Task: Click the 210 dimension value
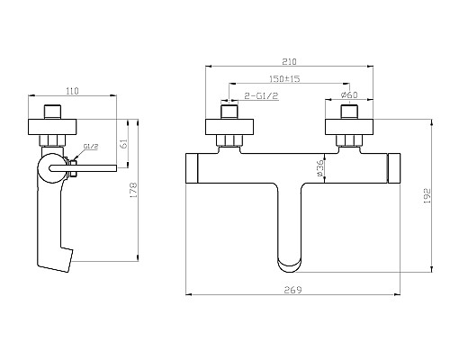tap(289, 61)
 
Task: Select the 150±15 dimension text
tap(284, 79)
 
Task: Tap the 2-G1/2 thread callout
tap(262, 96)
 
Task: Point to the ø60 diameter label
tap(349, 95)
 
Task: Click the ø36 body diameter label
tap(320, 168)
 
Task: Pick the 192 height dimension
tap(427, 196)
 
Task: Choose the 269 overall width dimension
tap(292, 290)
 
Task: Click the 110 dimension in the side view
tap(72, 91)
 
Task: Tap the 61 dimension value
tap(124, 143)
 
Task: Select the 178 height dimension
tap(133, 190)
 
